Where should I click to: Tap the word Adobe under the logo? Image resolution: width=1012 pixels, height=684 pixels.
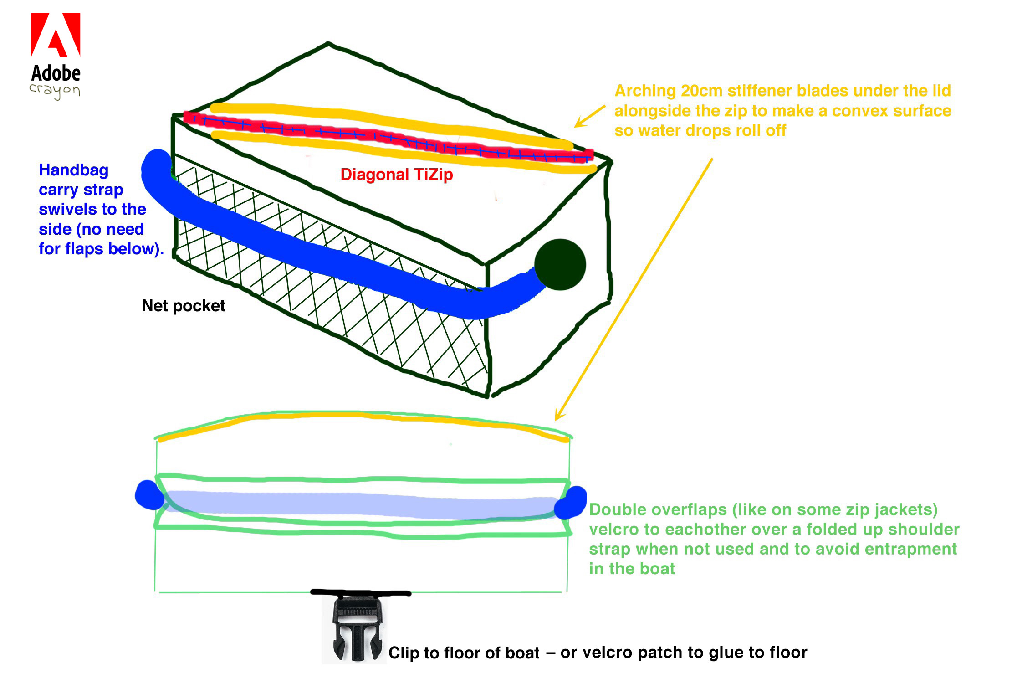tap(56, 73)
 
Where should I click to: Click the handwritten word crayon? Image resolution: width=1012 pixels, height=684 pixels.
tap(55, 90)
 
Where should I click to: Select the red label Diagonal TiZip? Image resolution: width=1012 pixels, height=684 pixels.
tap(396, 175)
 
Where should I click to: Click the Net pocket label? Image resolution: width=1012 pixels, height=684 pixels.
tap(183, 306)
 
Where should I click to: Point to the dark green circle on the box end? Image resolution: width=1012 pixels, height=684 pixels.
tap(560, 264)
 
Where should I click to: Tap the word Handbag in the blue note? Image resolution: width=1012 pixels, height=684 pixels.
tap(73, 170)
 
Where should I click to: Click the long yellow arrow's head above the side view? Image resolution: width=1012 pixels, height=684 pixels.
tap(558, 417)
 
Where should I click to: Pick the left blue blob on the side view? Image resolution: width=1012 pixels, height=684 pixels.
tap(149, 495)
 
